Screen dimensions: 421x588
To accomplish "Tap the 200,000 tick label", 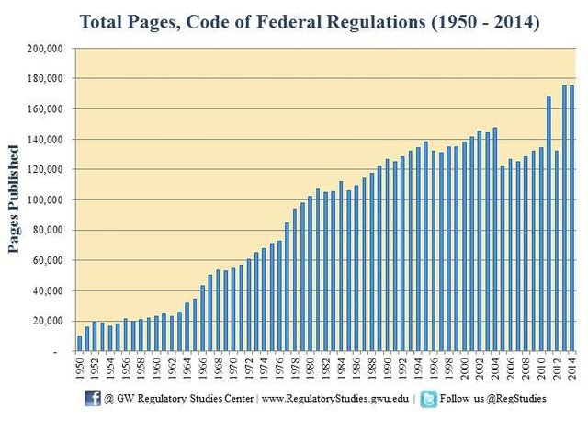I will [x=43, y=49].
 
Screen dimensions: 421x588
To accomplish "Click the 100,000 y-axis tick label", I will [x=43, y=200].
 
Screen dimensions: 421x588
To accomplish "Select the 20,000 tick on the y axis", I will [x=46, y=321].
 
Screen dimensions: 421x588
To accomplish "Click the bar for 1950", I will [x=79, y=344].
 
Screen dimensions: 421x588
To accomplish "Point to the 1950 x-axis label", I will [x=79, y=369].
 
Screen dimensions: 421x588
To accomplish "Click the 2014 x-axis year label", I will [x=571, y=369].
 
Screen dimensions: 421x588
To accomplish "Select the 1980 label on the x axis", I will [x=310, y=369].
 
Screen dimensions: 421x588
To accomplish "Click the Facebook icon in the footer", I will [x=93, y=398].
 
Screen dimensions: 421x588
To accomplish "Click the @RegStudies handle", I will [x=520, y=399].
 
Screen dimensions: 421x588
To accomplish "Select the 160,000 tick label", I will [x=43, y=109].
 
